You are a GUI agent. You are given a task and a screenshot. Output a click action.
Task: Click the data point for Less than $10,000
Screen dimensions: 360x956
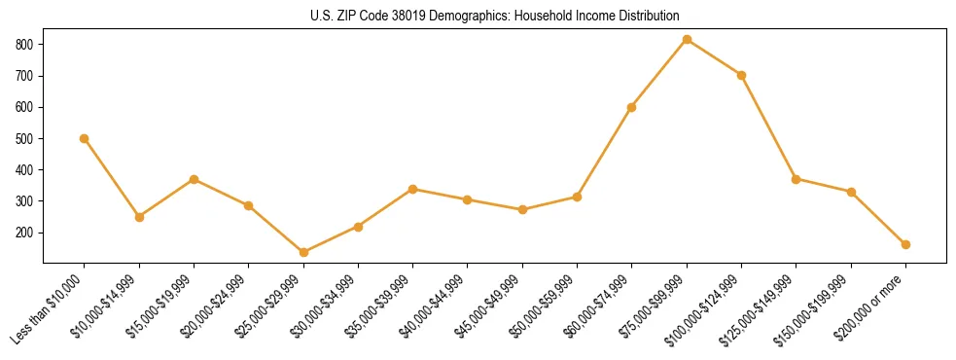[x=85, y=138]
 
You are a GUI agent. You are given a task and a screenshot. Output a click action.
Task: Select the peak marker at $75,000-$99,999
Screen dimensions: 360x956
[x=687, y=40]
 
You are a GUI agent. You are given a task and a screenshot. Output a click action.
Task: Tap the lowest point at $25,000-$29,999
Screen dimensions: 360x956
[x=303, y=252]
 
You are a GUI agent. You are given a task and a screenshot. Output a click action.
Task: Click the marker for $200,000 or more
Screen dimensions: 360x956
[x=905, y=244]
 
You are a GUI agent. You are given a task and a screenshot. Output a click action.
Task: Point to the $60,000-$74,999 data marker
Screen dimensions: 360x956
[x=632, y=107]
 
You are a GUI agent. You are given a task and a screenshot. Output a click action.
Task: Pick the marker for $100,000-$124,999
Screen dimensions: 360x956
[x=742, y=75]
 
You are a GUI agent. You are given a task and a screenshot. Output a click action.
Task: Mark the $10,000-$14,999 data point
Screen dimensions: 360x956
[x=139, y=217]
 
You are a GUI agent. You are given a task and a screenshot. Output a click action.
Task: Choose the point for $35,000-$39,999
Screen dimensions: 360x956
[x=413, y=189]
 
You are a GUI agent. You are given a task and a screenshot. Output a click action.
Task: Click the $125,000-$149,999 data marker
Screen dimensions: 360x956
[x=797, y=179]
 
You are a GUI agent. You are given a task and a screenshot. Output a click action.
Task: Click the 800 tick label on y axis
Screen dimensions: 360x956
[x=25, y=45]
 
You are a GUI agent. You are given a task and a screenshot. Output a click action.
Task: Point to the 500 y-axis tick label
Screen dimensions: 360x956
[x=25, y=139]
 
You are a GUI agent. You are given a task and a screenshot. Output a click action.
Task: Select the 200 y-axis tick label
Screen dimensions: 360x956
[x=25, y=234]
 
